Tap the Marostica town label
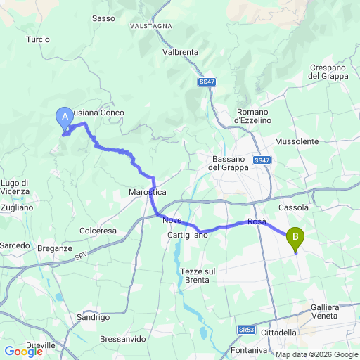pos(148,192)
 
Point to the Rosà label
pos(257,222)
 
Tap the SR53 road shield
pos(246,330)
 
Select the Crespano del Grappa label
pos(329,72)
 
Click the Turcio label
pos(38,40)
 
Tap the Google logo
pos(23,351)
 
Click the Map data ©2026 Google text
pos(316,354)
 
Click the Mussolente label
pos(297,141)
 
